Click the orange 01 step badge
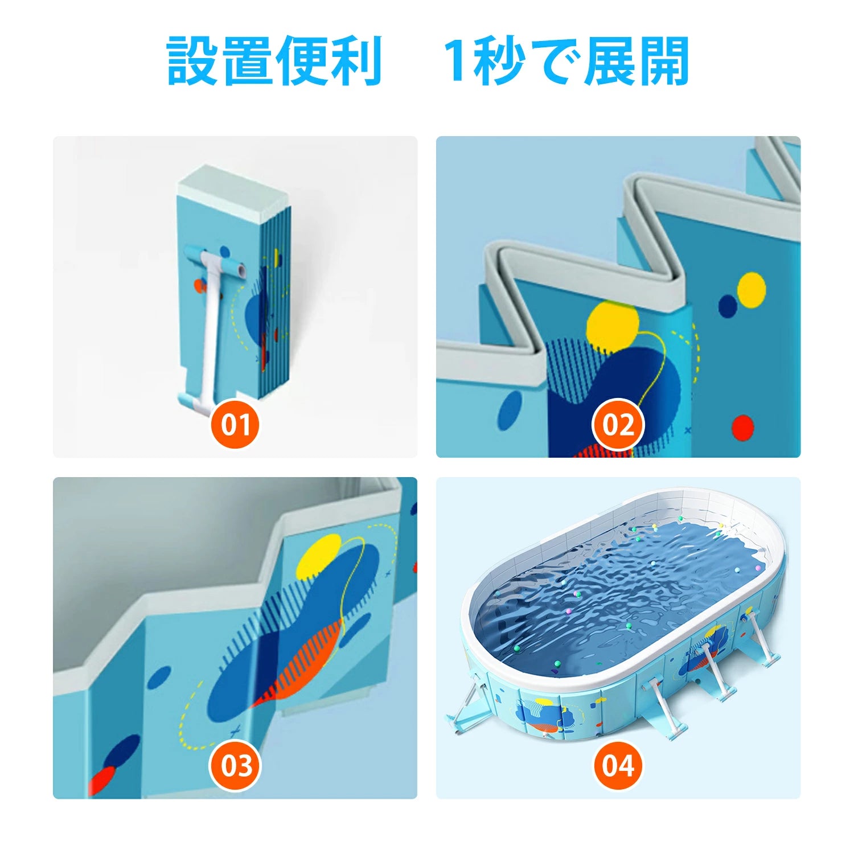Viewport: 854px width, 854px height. [235, 424]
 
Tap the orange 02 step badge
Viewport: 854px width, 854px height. [618, 424]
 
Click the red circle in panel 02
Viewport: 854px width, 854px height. [742, 427]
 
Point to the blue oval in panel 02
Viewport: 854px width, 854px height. [510, 410]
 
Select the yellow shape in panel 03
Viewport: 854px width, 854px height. [320, 556]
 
